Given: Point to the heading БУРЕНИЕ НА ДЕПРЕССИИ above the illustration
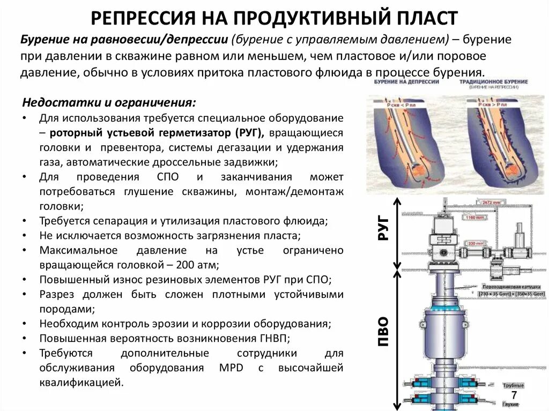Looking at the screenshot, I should coord(406,82).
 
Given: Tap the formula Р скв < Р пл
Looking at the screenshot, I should coord(400,106).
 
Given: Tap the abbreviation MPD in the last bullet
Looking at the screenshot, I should coord(231,368).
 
